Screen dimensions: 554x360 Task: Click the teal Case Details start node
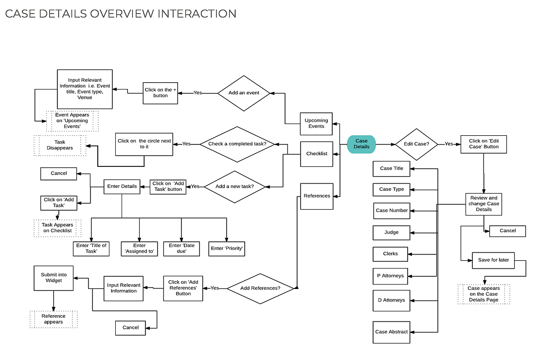361,144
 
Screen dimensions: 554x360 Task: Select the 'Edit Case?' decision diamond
416,144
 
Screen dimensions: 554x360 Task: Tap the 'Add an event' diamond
244,93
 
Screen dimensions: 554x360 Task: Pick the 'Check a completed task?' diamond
237,144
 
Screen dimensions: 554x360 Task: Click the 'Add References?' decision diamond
260,288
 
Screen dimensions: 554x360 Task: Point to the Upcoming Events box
316,124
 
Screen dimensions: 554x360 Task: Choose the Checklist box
317,154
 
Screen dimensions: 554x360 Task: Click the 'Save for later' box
493,260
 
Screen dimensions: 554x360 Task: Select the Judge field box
392,233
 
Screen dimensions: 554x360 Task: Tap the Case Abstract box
392,332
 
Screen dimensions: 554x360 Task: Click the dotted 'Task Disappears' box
60,145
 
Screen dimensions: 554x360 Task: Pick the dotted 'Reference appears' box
54,319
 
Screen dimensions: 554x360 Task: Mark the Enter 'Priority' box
227,249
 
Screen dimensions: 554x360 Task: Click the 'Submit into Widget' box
54,278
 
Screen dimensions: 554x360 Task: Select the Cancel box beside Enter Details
59,174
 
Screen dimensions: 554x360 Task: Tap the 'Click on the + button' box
161,93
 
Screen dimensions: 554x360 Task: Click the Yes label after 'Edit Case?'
449,144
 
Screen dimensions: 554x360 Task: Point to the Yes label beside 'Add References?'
215,288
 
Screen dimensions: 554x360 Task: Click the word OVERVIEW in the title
122,14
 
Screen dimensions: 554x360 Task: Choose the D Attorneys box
392,301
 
